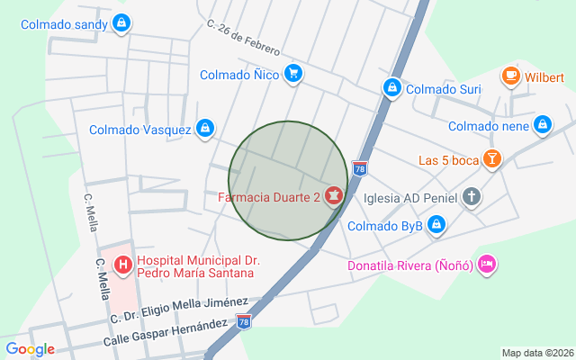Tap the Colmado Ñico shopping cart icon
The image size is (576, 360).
click(x=292, y=75)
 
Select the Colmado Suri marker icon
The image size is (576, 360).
click(x=391, y=88)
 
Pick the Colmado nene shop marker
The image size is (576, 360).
click(x=543, y=126)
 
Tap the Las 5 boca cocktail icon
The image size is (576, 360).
click(x=491, y=160)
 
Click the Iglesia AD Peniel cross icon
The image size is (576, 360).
click(x=472, y=197)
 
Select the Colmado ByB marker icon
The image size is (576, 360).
click(x=436, y=225)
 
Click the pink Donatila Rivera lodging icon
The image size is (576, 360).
click(x=486, y=265)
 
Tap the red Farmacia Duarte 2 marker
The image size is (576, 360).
click(x=334, y=195)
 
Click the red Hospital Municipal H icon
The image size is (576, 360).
click(x=123, y=265)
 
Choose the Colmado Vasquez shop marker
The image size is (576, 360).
click(x=205, y=130)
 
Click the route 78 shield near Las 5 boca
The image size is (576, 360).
click(x=360, y=168)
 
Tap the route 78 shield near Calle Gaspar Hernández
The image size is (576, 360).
click(x=244, y=321)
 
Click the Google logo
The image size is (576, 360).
click(x=30, y=349)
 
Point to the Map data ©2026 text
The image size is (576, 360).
click(x=536, y=353)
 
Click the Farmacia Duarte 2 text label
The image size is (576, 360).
click(x=269, y=195)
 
